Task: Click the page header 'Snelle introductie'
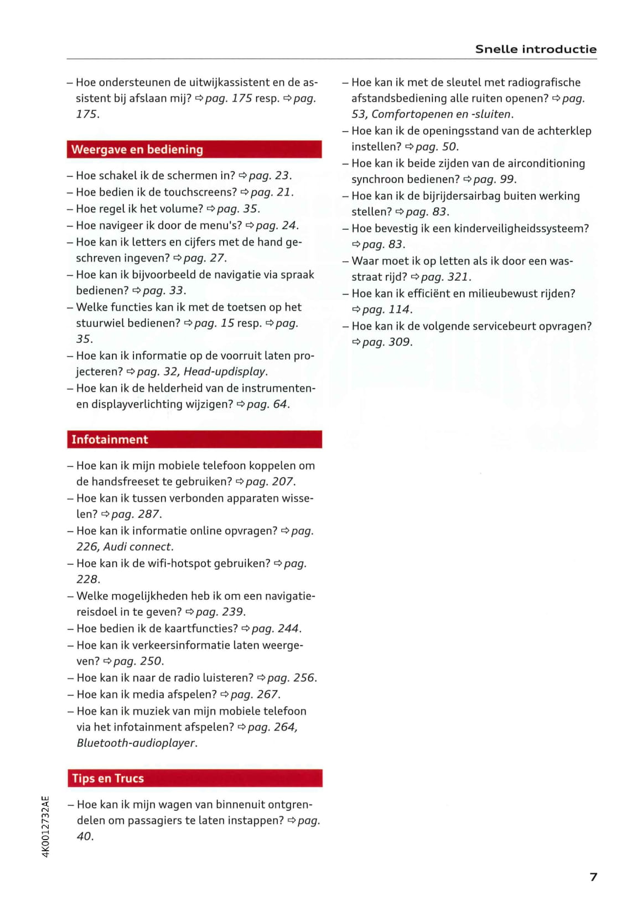[535, 49]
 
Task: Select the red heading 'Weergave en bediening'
[137, 150]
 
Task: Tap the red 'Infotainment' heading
[110, 440]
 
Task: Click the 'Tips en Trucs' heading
[107, 779]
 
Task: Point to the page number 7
[593, 877]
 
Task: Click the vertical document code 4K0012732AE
[46, 826]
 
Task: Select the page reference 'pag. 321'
[445, 277]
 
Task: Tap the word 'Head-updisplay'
[225, 372]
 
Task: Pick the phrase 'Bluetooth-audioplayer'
[136, 743]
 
